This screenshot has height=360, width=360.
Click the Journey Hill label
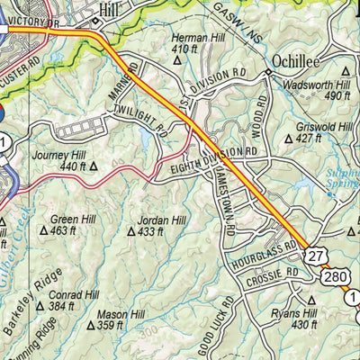pyautogui.click(x=57, y=153)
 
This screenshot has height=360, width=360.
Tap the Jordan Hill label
pyautogui.click(x=161, y=220)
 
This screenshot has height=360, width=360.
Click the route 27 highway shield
pyautogui.click(x=313, y=257)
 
